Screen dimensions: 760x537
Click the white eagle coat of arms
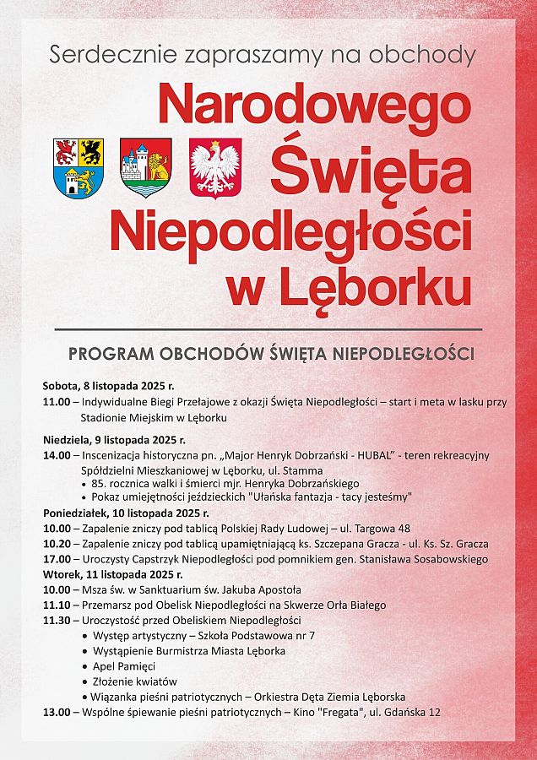pyautogui.click(x=215, y=168)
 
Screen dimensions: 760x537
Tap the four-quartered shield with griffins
pyautogui.click(x=79, y=168)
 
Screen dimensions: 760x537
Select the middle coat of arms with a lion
pyautogui.click(x=146, y=168)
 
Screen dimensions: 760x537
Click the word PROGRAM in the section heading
pyautogui.click(x=110, y=353)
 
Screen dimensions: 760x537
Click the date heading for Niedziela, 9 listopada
pyautogui.click(x=114, y=440)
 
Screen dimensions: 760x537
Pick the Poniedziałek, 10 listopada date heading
pyautogui.click(x=126, y=513)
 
